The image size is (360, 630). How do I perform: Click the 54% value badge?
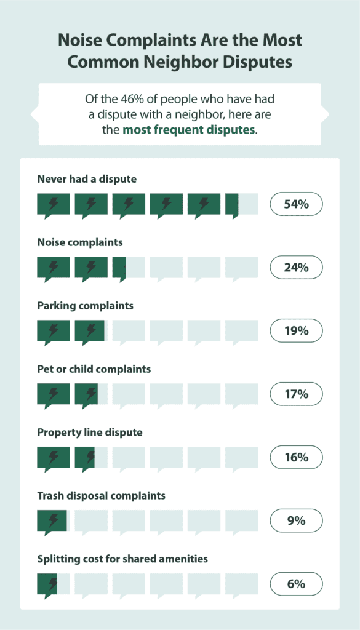click(x=296, y=204)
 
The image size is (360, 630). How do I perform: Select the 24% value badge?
click(x=296, y=268)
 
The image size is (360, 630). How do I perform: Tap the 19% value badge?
click(x=296, y=331)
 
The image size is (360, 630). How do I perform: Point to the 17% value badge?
click(x=296, y=394)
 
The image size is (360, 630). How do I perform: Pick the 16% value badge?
click(x=296, y=458)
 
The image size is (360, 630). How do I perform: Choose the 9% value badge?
click(x=296, y=521)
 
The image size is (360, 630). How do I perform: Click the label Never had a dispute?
click(x=87, y=179)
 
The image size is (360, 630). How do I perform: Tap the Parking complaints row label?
click(x=85, y=306)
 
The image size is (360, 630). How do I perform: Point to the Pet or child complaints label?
click(x=94, y=369)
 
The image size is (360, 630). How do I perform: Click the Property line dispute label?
click(x=90, y=433)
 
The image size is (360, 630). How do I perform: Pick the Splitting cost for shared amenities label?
click(x=122, y=559)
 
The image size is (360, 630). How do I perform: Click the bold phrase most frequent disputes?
click(x=188, y=130)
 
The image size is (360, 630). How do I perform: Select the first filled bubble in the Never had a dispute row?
click(x=53, y=204)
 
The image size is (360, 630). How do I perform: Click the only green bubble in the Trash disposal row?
click(x=52, y=521)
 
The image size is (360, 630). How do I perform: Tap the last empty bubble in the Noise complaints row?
click(x=241, y=268)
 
